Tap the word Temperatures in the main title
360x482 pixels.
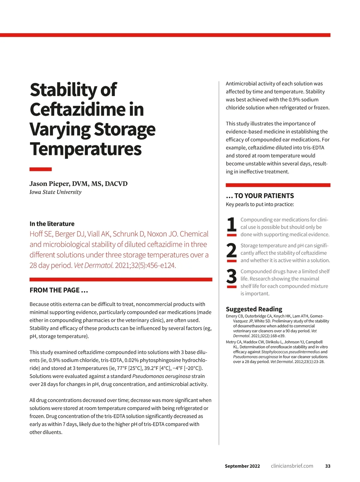[85, 149]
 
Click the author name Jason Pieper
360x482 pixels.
[49, 184]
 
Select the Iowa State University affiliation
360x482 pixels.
[55, 192]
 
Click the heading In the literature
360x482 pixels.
[52, 224]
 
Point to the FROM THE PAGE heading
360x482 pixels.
[59, 290]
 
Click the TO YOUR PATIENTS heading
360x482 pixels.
[260, 196]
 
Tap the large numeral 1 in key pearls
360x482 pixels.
[231, 224]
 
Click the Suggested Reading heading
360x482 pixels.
[254, 309]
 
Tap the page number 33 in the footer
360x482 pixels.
[328, 466]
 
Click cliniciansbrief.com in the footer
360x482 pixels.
[292, 466]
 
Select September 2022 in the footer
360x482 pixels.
[242, 466]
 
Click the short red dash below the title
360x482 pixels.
[40, 169]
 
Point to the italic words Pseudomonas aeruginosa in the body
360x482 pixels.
[161, 376]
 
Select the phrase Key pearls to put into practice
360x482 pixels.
[260, 204]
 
